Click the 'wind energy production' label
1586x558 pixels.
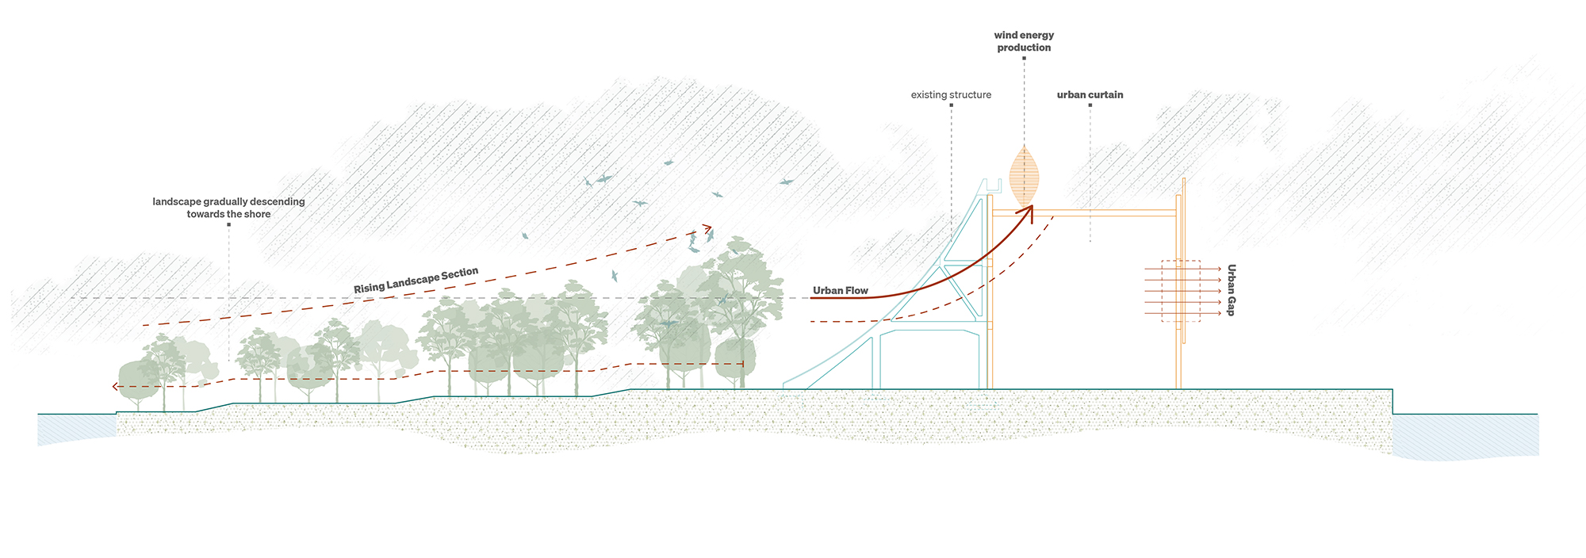click(x=1024, y=41)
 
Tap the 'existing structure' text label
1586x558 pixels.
click(x=951, y=95)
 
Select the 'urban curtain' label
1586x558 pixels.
click(x=1090, y=95)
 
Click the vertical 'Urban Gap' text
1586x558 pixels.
click(x=1231, y=290)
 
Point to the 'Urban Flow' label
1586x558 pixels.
click(x=841, y=291)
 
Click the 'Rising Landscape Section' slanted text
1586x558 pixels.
click(x=416, y=281)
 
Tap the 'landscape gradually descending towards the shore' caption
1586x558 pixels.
click(x=228, y=208)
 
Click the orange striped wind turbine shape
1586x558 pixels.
click(x=1024, y=176)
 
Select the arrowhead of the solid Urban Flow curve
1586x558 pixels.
click(x=1030, y=209)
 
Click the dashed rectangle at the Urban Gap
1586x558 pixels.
click(x=1181, y=291)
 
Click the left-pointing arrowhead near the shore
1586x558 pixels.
click(x=115, y=387)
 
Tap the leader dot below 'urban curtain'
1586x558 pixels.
click(x=1090, y=105)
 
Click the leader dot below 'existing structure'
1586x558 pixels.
click(x=951, y=105)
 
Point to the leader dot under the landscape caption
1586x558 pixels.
click(x=228, y=224)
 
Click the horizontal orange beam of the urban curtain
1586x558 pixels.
click(x=1110, y=212)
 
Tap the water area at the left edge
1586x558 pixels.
click(x=75, y=428)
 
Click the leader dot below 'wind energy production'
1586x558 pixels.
click(x=1024, y=58)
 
